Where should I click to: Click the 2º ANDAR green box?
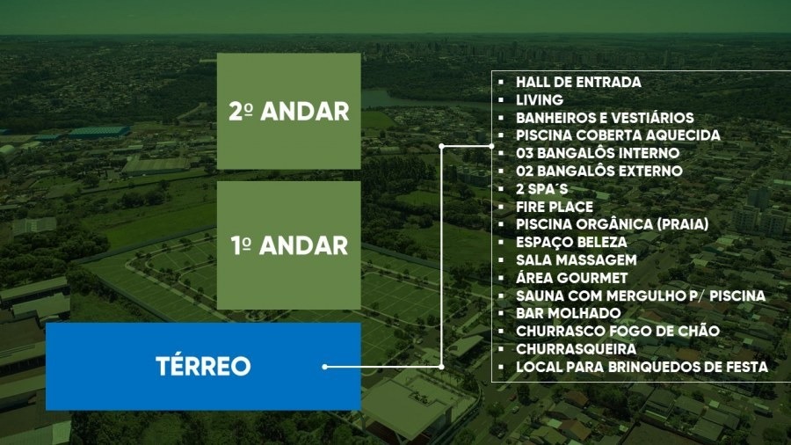288,111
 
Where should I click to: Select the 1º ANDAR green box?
288,244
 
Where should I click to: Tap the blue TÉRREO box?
203,366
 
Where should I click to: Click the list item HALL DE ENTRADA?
578,82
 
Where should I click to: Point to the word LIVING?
540,100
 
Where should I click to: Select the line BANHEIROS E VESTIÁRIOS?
605,118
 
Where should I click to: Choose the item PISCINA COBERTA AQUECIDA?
618,135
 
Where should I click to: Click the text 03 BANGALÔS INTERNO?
598,153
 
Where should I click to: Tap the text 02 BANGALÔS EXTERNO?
599,171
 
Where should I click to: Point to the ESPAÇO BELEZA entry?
571,242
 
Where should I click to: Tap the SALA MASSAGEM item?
576,260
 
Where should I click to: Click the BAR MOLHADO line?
568,313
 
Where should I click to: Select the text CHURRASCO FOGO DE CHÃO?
618,331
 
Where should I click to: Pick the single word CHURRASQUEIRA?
576,348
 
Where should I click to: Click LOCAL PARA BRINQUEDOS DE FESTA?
642,366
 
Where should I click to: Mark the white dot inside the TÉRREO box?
325,366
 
